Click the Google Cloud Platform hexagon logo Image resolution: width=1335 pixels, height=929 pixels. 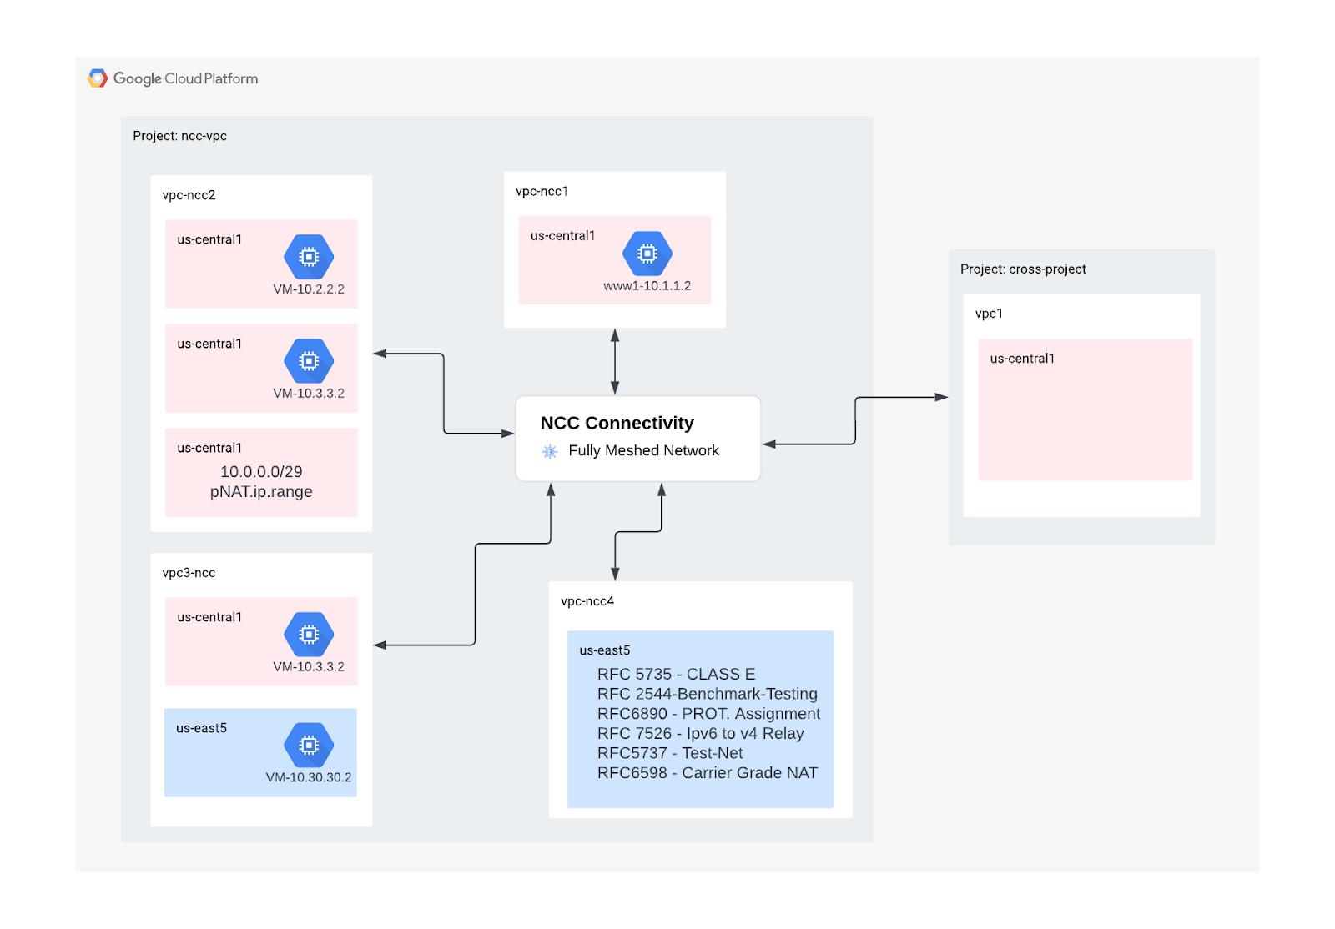tap(98, 78)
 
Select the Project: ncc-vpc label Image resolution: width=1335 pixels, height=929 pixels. tap(179, 136)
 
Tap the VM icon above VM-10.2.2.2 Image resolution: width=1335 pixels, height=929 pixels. tap(309, 257)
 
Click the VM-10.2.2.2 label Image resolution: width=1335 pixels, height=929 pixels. tap(309, 289)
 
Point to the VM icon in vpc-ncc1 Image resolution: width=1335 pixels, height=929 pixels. tap(647, 254)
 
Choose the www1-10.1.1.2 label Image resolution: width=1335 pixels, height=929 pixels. tap(647, 286)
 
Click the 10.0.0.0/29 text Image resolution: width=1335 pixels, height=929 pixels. tap(261, 472)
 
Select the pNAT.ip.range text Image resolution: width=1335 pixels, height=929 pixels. tap(261, 492)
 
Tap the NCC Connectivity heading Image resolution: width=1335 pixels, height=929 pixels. tap(617, 423)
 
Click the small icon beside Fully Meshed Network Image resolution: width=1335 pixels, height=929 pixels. tap(550, 451)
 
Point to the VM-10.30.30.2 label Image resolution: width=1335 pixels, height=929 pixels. tap(309, 777)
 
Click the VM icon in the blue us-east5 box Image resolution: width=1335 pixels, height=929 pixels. tap(309, 745)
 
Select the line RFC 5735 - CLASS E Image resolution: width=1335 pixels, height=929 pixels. tap(676, 674)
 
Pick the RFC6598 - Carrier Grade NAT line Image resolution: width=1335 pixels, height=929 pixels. tap(708, 773)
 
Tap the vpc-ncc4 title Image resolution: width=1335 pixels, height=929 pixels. tap(587, 601)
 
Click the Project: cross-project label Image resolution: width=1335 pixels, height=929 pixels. tap(1023, 269)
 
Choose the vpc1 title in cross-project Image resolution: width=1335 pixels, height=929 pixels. tap(989, 314)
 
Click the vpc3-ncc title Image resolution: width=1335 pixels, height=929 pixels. tap(189, 573)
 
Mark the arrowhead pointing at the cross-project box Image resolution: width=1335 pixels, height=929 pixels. tap(942, 397)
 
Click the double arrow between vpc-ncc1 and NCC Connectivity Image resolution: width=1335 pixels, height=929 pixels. tap(615, 361)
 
